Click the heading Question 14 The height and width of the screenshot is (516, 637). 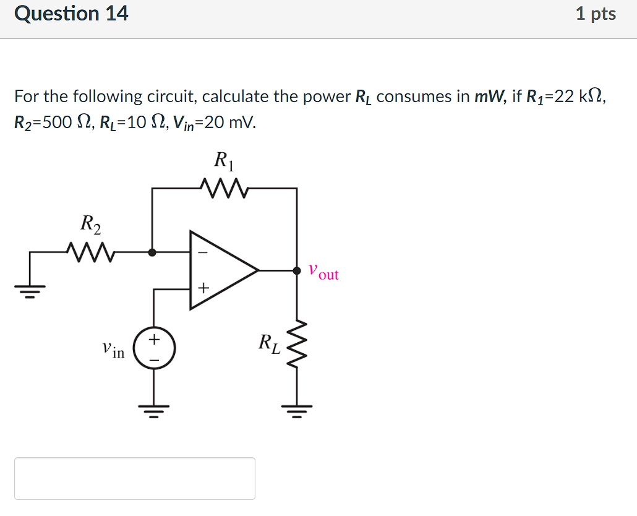71,14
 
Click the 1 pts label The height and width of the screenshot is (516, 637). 595,14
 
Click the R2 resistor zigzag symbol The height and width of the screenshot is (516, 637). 92,252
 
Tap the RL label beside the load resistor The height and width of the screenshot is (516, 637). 269,343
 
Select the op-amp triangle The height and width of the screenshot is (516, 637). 220,270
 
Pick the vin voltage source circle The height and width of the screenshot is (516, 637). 154,350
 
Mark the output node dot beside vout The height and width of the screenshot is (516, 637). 297,270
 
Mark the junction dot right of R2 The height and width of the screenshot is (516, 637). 153,252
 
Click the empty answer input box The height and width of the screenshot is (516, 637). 135,478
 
